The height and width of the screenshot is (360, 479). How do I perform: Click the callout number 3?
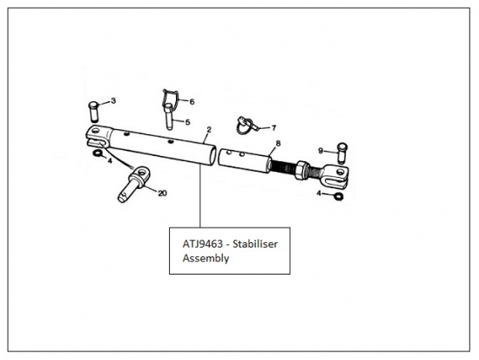(113, 100)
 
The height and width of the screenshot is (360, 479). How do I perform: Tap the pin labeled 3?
(94, 112)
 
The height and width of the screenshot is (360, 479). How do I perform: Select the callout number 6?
(192, 101)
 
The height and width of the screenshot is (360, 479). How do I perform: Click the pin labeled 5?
(169, 117)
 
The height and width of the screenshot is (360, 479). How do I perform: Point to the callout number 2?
(209, 130)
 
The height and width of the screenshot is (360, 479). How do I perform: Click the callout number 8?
(278, 143)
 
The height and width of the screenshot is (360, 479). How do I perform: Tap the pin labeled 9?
(342, 153)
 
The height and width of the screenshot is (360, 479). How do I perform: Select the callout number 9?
(320, 151)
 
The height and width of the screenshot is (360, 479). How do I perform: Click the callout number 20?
(162, 193)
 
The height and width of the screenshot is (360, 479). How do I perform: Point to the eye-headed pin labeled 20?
(134, 184)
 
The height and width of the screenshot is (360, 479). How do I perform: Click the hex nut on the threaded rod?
(302, 170)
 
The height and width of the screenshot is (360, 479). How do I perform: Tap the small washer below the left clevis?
(98, 153)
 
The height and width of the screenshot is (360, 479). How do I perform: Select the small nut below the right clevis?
(339, 196)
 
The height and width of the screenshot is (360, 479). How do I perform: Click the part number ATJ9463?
(203, 244)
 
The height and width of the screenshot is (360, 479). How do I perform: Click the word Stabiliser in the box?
(255, 244)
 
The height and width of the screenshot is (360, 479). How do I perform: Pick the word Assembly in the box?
(206, 258)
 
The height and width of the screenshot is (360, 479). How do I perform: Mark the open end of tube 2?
(212, 156)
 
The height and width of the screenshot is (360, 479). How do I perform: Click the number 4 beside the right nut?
(319, 194)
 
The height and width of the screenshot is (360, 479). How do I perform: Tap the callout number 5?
(187, 122)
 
